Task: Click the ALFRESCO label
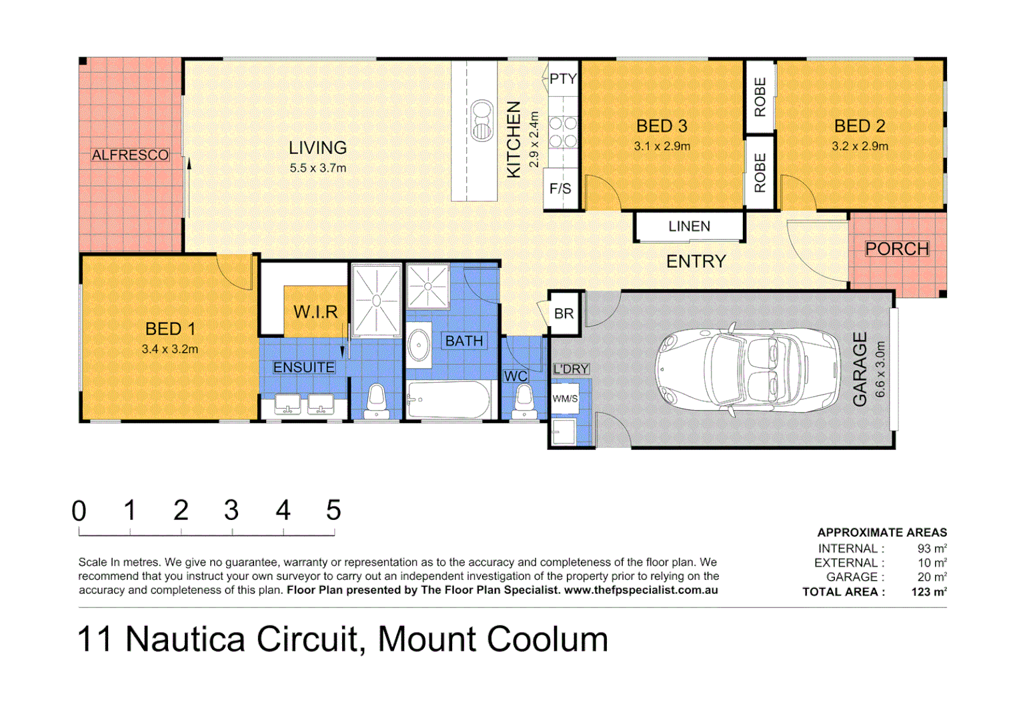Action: click(130, 155)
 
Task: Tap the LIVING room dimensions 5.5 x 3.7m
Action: click(317, 168)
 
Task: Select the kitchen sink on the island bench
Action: click(481, 121)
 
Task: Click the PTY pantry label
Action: click(563, 79)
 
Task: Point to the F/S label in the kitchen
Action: click(560, 189)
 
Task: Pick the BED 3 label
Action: click(662, 126)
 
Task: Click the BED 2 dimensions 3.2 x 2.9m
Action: click(860, 146)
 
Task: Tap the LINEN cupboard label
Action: click(689, 227)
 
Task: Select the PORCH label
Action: click(896, 249)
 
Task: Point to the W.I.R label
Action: click(315, 312)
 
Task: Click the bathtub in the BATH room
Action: click(448, 399)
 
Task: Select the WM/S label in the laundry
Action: click(565, 399)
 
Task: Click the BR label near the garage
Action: click(564, 313)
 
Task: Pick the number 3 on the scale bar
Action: click(231, 511)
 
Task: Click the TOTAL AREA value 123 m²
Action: click(929, 592)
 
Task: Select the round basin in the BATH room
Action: click(419, 345)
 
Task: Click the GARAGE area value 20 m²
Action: click(932, 577)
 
